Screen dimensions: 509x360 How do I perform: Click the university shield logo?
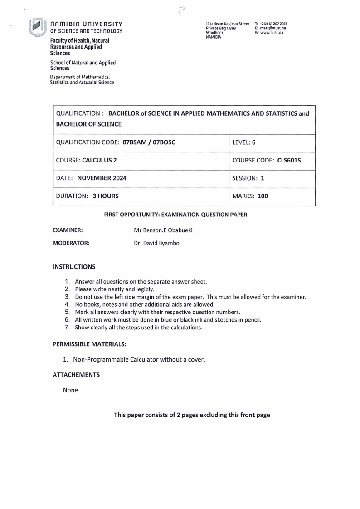tap(38, 26)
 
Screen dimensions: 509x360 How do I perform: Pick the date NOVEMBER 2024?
tap(102, 178)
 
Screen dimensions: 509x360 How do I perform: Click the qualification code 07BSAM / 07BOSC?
tap(149, 142)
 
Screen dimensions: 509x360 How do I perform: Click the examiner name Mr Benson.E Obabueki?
tap(163, 230)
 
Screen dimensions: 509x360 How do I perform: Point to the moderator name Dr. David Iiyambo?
tap(156, 243)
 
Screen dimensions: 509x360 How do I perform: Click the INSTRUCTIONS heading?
tap(74, 266)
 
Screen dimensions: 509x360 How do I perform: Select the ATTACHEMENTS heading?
tap(76, 375)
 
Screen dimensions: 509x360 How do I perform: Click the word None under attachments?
tap(70, 390)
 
